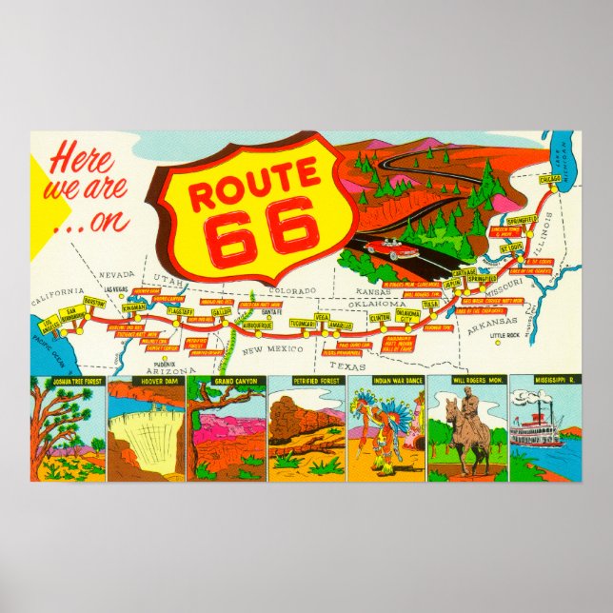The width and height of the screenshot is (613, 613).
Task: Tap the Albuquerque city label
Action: coord(253,325)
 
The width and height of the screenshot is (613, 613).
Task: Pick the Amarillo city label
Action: coord(339,326)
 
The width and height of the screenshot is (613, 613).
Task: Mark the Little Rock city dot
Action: coord(497,345)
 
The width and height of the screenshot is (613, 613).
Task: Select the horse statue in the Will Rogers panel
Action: coord(465,429)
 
